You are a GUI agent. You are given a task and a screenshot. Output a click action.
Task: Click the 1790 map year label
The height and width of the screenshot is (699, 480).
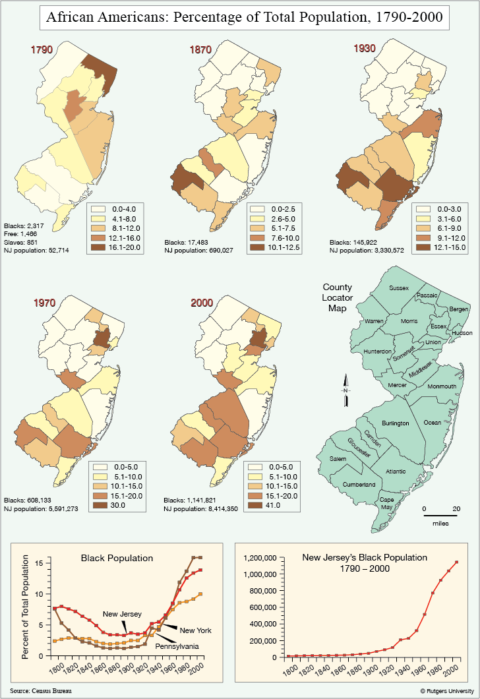point(42,49)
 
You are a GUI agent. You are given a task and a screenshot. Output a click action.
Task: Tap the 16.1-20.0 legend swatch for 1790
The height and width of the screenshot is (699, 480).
point(98,247)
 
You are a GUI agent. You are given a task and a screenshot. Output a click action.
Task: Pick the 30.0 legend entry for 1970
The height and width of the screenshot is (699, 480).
point(117,505)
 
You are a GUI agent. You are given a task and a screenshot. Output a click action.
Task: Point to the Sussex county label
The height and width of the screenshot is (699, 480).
point(398,288)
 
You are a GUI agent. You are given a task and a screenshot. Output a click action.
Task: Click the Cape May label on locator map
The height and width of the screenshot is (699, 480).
point(386,503)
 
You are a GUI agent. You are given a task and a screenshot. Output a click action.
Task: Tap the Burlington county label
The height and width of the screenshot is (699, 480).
point(396,423)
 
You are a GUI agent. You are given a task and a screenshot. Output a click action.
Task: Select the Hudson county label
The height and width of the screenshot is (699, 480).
point(462,333)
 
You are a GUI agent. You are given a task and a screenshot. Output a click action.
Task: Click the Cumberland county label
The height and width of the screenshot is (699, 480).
point(359,485)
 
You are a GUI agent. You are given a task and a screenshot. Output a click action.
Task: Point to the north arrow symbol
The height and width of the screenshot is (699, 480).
point(345,391)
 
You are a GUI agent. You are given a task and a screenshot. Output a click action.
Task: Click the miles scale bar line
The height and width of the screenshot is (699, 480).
point(440,516)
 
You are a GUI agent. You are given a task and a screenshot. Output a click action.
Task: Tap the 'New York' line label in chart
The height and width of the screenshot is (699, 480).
point(196,630)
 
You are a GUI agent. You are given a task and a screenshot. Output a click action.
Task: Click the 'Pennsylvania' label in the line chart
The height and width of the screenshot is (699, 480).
point(177,646)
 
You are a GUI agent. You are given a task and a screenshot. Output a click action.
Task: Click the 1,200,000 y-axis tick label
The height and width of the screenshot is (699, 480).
point(260,558)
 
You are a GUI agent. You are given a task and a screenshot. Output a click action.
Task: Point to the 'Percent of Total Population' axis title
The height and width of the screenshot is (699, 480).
point(25,607)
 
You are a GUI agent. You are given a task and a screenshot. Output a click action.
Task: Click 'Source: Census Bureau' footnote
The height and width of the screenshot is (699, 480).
point(41,690)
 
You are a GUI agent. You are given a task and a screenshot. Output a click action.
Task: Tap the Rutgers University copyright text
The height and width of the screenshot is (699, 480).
point(447,691)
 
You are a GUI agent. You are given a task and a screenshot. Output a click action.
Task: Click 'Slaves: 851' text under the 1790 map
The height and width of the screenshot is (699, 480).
point(21,242)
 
